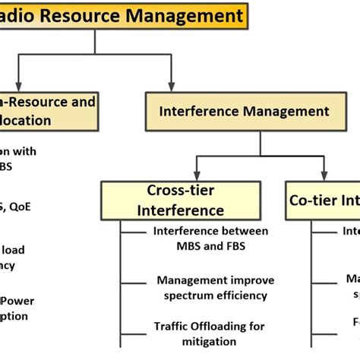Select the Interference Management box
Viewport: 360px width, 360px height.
(245, 112)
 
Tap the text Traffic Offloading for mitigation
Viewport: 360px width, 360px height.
(209, 333)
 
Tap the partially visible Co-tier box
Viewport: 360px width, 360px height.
(322, 201)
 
